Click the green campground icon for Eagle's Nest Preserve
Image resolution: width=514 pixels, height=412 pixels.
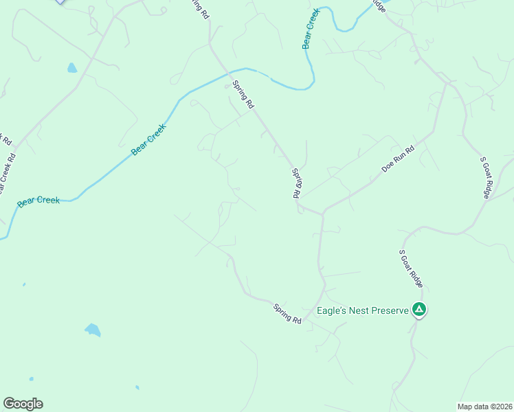pos(419,310)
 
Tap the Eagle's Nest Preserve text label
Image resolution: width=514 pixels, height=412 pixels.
pos(362,310)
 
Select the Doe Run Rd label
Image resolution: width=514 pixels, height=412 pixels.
pos(399,159)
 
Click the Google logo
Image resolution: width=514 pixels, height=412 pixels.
pos(23,404)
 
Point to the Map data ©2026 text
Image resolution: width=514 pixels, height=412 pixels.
pos(484,407)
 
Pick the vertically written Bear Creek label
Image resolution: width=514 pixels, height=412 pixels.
pos(311,28)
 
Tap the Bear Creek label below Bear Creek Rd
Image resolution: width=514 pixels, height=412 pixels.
pos(38,201)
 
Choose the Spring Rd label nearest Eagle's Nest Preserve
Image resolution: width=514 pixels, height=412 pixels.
pos(287,314)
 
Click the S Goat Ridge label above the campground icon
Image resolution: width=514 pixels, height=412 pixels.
pos(411,268)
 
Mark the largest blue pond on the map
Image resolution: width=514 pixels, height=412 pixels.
pos(93,330)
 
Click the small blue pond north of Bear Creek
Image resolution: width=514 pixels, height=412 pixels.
pos(72,68)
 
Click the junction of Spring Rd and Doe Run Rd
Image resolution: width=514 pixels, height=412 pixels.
pos(322,214)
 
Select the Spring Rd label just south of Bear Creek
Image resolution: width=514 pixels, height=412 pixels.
pos(244,94)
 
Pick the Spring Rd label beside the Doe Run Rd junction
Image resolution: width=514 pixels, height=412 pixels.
pos(298,183)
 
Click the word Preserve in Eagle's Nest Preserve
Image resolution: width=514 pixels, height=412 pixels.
pos(390,310)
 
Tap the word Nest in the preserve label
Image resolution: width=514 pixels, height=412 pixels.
pos(357,310)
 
